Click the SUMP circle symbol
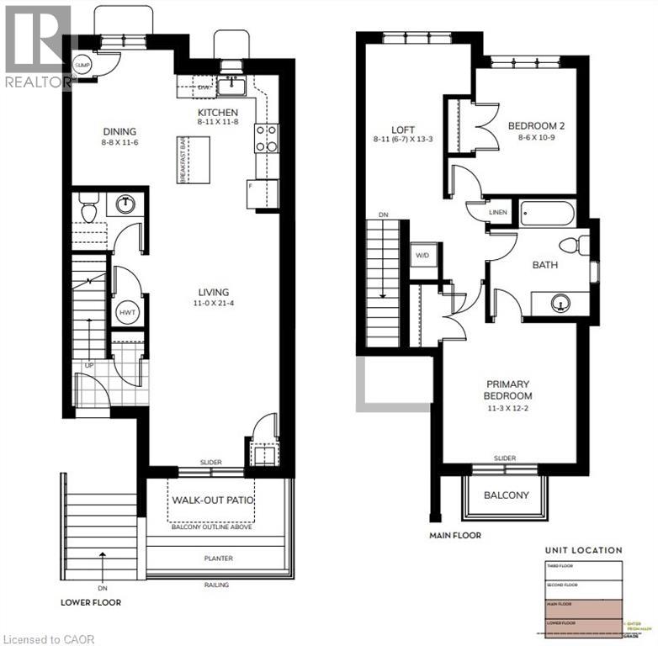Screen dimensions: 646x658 [x=82, y=65]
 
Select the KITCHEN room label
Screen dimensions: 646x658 [x=218, y=113]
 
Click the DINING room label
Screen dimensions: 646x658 [x=119, y=131]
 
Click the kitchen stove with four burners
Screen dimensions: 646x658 [x=266, y=138]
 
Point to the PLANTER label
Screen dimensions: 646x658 [x=217, y=559]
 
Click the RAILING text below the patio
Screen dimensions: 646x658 [x=215, y=585]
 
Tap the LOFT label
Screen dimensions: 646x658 [x=403, y=130]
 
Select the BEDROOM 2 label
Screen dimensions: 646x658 [x=536, y=126]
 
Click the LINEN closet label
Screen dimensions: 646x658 [x=498, y=213]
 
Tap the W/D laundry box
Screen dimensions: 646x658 [x=422, y=254]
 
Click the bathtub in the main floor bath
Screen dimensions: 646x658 [x=546, y=213]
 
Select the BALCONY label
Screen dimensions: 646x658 [x=506, y=495]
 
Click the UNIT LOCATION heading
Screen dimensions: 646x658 [x=583, y=550]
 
